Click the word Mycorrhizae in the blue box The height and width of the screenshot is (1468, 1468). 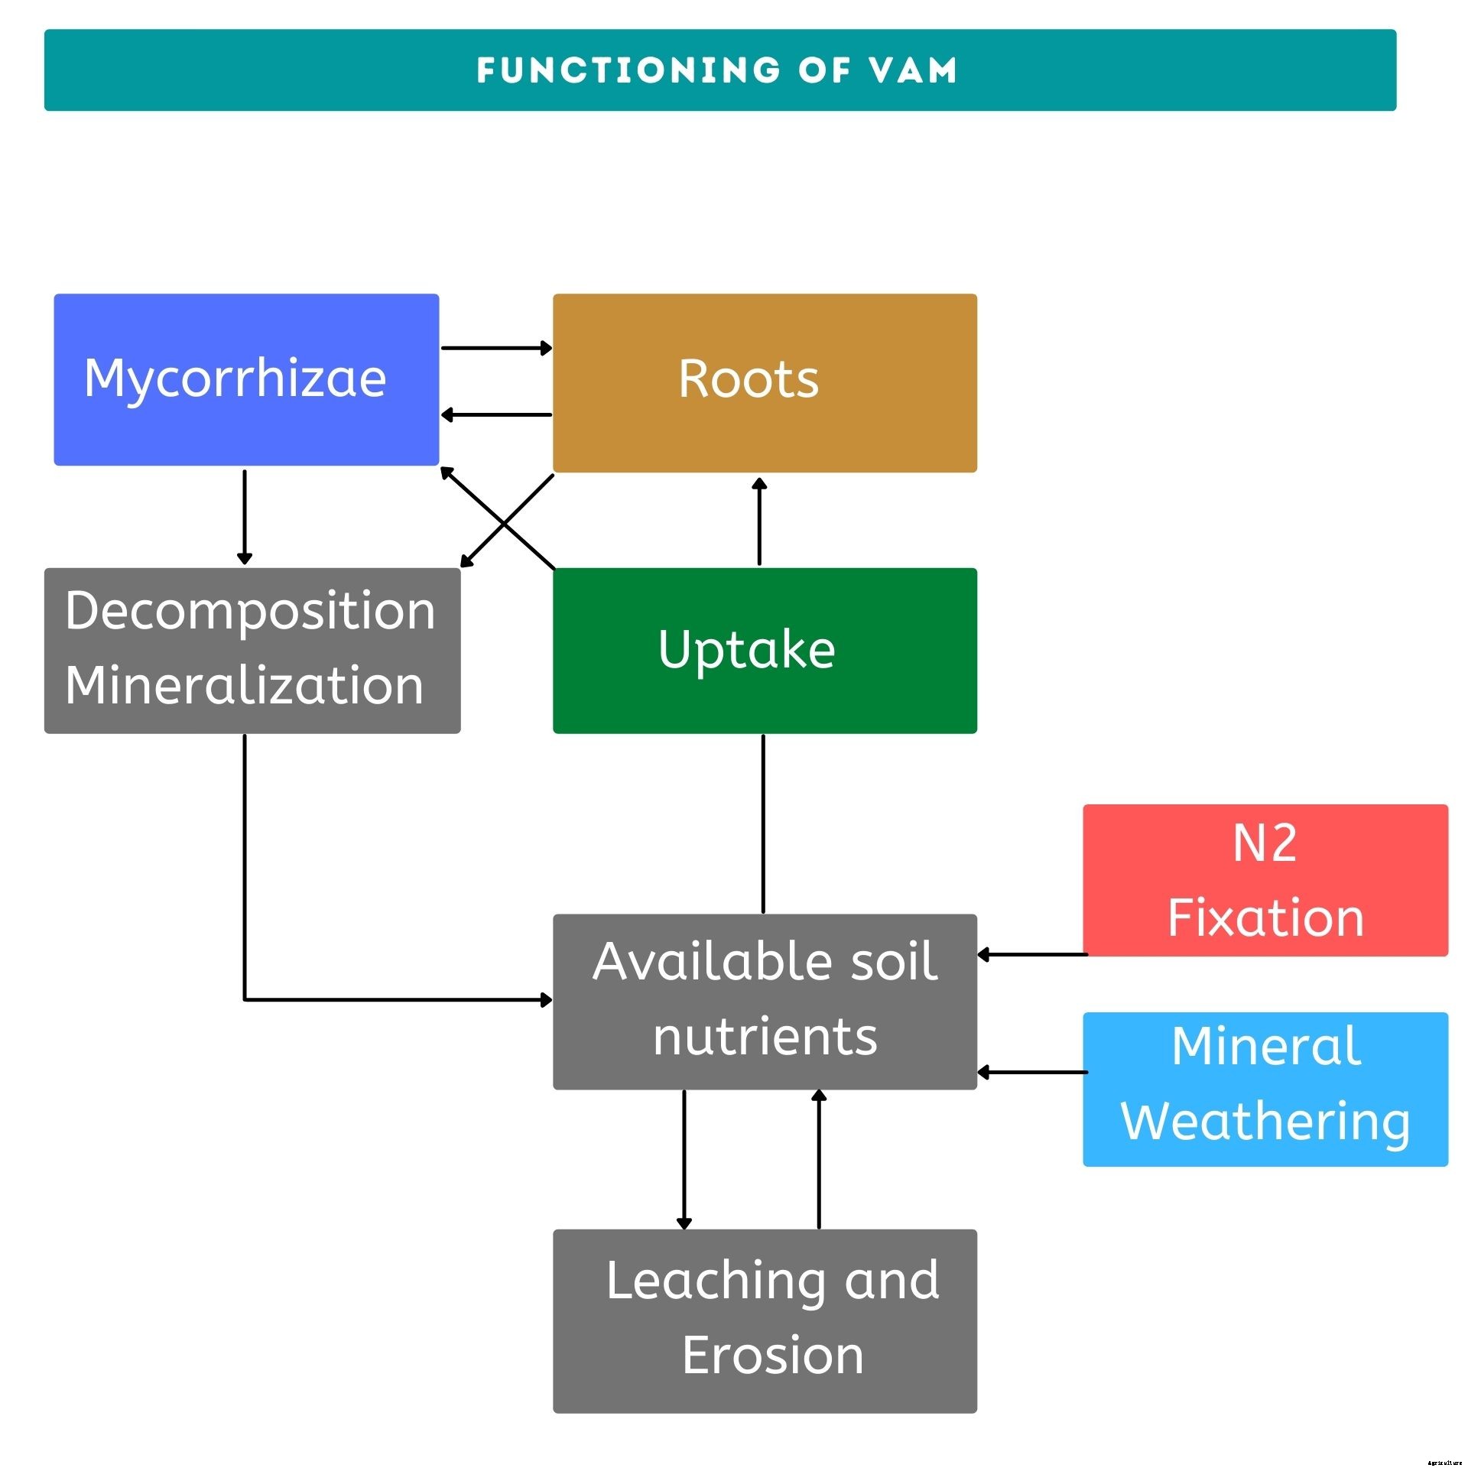pyautogui.click(x=235, y=378)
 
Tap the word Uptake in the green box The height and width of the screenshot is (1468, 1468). pyautogui.click(x=746, y=649)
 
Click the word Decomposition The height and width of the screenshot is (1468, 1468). pyautogui.click(x=250, y=611)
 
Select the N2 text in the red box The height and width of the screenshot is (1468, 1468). pyautogui.click(x=1265, y=843)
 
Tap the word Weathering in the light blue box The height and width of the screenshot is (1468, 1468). pyautogui.click(x=1265, y=1122)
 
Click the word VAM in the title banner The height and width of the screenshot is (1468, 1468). pyautogui.click(x=913, y=70)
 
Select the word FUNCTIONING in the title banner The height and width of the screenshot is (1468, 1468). pyautogui.click(x=628, y=70)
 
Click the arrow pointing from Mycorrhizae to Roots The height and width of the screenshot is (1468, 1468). pyautogui.click(x=496, y=348)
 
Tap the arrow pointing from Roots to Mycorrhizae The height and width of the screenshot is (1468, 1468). pyautogui.click(x=496, y=415)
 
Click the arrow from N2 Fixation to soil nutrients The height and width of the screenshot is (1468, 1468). pyautogui.click(x=1031, y=954)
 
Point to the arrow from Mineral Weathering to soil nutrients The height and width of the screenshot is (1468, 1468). pyautogui.click(x=1031, y=1072)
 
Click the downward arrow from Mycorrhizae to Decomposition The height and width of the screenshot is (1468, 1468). pyautogui.click(x=245, y=517)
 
